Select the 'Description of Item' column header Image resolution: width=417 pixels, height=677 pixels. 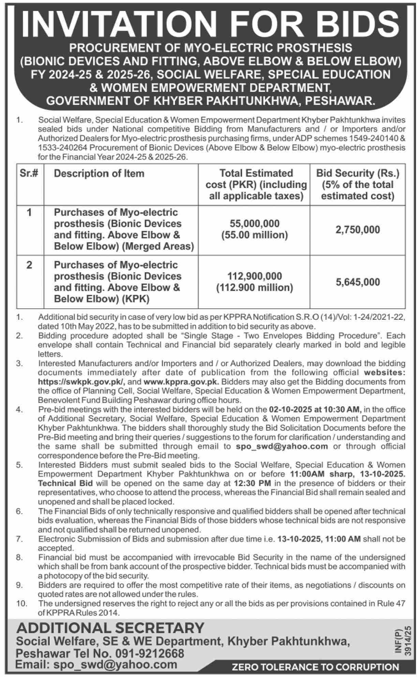coord(99,173)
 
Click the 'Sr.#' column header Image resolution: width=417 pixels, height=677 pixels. coord(29,173)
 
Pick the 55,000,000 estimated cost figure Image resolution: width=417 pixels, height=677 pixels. coord(254,224)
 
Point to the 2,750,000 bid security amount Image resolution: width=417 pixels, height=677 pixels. coord(357,230)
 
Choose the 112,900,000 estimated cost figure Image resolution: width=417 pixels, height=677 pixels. coord(254,276)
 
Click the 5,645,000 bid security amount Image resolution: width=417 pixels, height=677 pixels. coord(357,282)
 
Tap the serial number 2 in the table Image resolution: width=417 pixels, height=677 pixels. coord(29,265)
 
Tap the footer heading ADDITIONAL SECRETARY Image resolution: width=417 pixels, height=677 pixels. coord(110,628)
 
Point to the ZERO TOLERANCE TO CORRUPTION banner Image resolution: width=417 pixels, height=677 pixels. coord(315,667)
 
